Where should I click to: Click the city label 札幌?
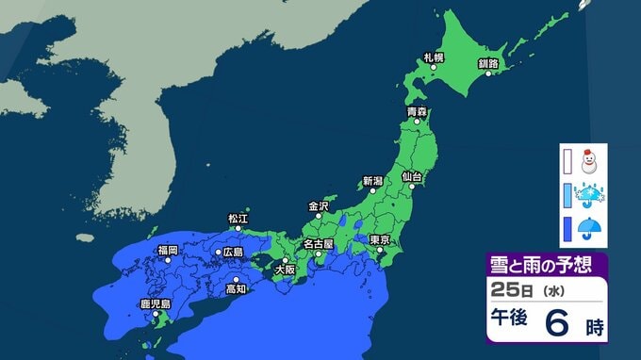click(434, 57)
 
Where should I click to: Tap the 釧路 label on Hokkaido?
click(488, 62)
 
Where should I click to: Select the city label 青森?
click(417, 111)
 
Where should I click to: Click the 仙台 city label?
click(411, 175)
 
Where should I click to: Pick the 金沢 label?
click(319, 205)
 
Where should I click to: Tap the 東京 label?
click(381, 239)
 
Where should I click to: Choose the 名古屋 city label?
click(317, 244)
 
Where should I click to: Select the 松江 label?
click(237, 218)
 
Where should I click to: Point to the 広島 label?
click(231, 253)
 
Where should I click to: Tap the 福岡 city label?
click(168, 250)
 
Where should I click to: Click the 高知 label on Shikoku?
click(236, 289)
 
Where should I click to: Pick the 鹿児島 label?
click(155, 303)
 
